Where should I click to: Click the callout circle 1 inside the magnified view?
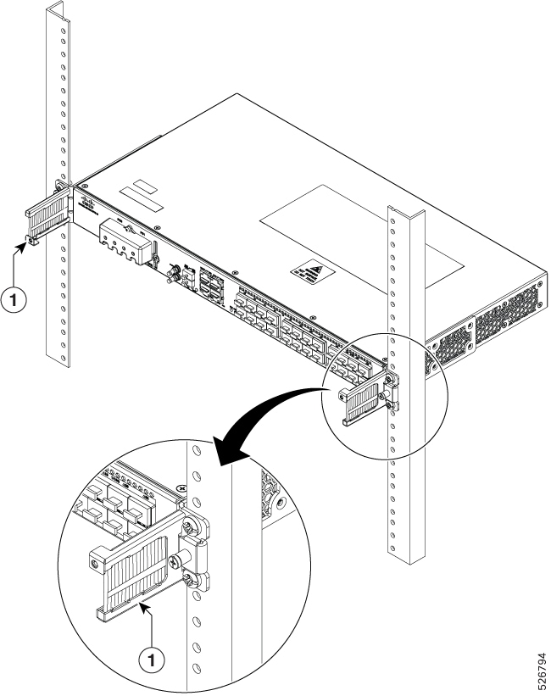[153, 657]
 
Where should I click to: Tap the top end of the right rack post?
[406, 212]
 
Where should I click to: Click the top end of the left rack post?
[56, 8]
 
